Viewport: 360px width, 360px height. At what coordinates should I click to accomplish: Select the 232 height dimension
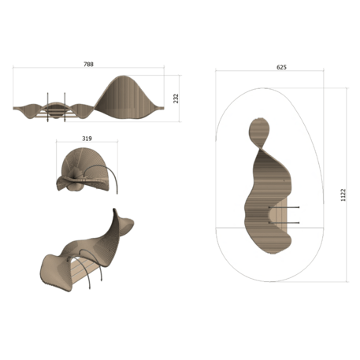176,98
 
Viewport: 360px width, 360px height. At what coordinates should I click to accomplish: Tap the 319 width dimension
87,139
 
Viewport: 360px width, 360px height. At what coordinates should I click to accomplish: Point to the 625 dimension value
281,68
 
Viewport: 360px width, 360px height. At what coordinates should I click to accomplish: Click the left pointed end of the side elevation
16,107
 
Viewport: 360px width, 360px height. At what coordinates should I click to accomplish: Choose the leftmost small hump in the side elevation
32,106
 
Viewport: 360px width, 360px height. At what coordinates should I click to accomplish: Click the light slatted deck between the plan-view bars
277,216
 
